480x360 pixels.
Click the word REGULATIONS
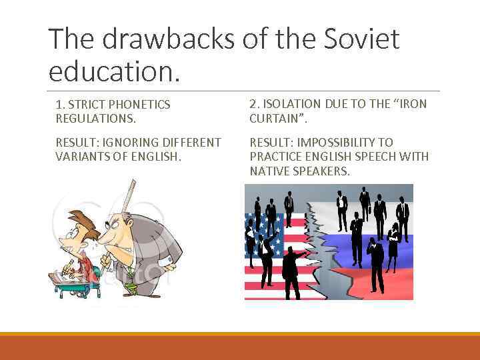pyautogui.click(x=95, y=119)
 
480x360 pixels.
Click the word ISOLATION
pyautogui.click(x=293, y=104)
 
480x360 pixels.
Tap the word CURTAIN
pyautogui.click(x=275, y=119)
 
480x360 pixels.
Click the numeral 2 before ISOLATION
pyautogui.click(x=253, y=104)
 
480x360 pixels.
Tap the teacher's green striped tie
pyautogui.click(x=131, y=284)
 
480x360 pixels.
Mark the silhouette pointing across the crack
pyautogui.click(x=293, y=260)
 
